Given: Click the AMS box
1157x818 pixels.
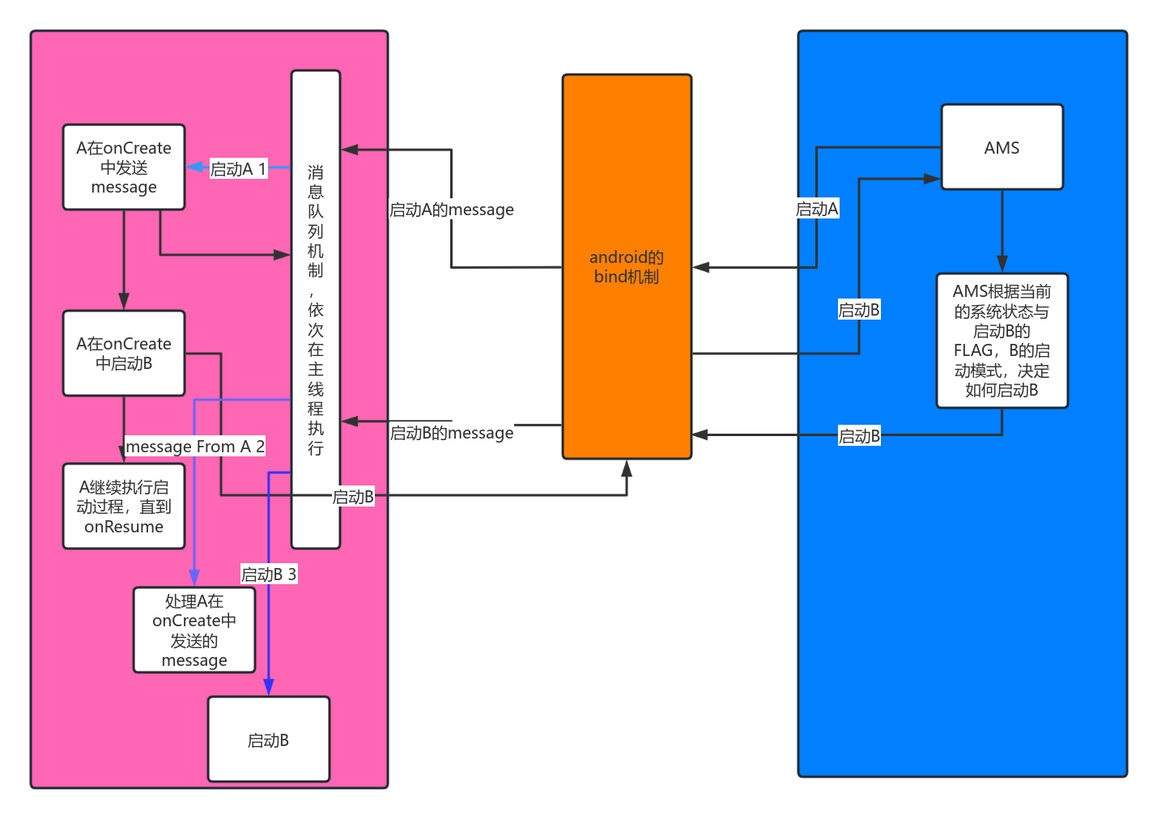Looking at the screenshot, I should click(x=1002, y=147).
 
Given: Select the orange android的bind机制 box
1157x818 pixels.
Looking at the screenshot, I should click(x=627, y=267).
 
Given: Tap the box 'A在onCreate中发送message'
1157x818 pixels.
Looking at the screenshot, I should click(x=124, y=167).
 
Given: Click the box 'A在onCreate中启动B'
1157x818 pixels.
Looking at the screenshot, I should click(x=124, y=354).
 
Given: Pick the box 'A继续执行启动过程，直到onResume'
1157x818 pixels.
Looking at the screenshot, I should click(x=124, y=506).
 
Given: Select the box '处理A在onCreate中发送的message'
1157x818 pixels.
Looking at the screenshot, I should click(x=194, y=630).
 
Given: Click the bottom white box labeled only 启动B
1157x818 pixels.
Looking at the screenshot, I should click(x=269, y=740).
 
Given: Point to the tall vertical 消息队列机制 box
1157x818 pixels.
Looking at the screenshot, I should click(x=316, y=310).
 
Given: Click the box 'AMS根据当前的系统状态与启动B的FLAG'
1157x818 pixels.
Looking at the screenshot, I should click(x=1002, y=341).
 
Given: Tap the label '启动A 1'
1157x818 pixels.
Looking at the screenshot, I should click(x=238, y=169).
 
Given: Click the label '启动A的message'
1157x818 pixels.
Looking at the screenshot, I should click(x=451, y=210).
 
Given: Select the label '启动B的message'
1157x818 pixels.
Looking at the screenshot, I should click(x=451, y=433).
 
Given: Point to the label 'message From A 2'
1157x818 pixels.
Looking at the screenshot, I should click(x=195, y=447).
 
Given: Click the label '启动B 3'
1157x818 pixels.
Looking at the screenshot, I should click(x=269, y=574).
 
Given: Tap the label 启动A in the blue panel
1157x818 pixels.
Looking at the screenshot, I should click(x=816, y=209).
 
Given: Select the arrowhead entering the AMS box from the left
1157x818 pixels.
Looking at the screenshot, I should click(x=933, y=179).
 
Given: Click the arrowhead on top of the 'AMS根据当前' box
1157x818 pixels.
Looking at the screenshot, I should click(x=1002, y=265).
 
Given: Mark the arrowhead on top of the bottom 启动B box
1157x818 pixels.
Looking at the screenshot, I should click(x=269, y=688).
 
